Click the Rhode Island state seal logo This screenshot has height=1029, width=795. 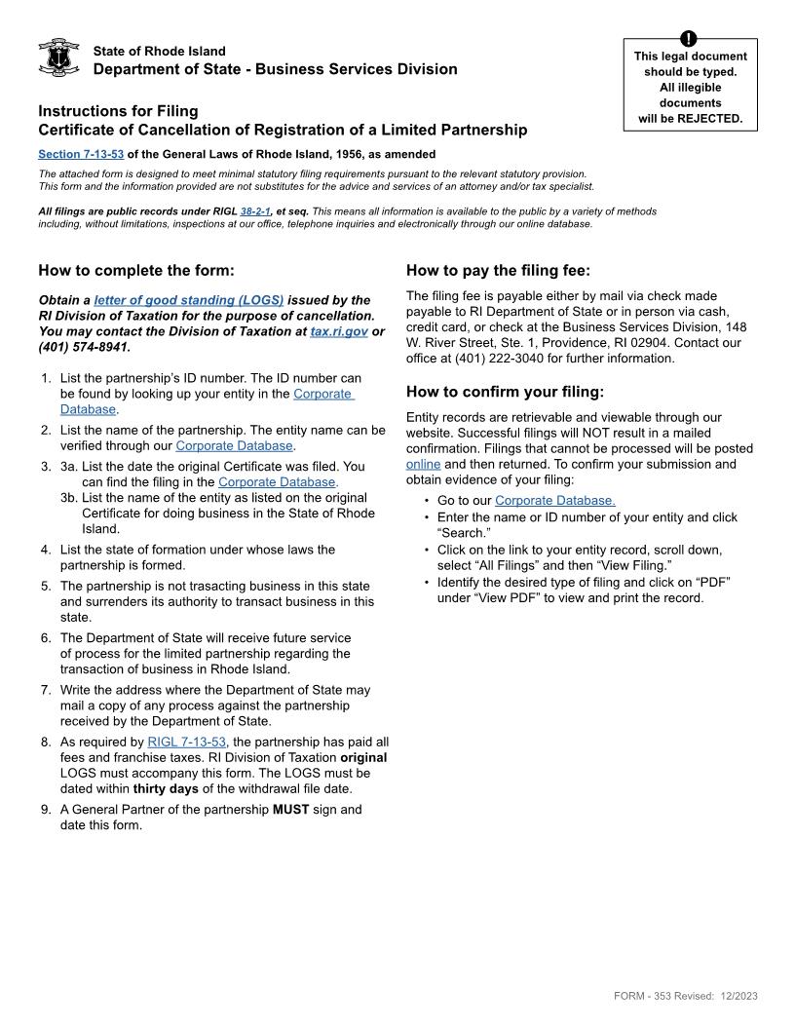point(58,58)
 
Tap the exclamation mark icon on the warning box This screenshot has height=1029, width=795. point(690,39)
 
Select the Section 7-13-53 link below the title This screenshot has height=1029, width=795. point(81,154)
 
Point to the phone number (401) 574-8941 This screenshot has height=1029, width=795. point(84,347)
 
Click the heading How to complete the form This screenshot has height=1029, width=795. point(136,271)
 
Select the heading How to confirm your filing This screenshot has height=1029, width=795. point(505,393)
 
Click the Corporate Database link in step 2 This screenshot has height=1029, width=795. point(234,445)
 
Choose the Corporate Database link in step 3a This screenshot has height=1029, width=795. point(278,482)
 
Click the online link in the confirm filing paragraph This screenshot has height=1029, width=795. point(423,464)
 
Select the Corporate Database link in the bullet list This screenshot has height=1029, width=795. point(554,501)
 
